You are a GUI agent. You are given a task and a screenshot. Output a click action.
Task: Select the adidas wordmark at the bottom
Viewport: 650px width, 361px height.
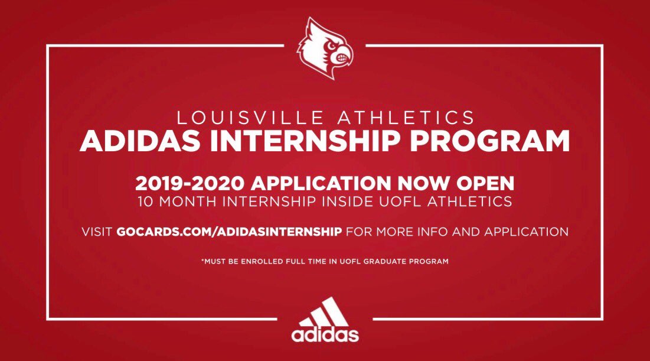click(324, 334)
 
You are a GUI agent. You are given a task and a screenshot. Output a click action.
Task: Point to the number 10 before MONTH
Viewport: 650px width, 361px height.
click(145, 201)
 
